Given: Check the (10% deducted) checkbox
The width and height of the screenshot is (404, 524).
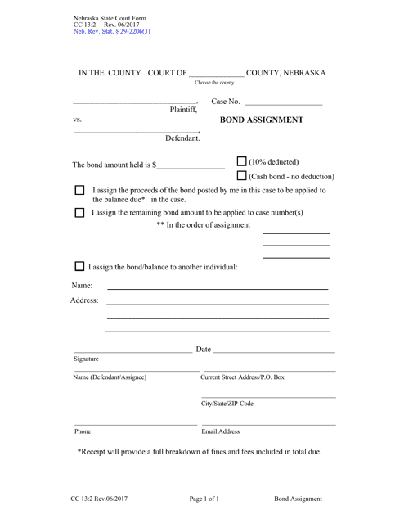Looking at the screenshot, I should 242,161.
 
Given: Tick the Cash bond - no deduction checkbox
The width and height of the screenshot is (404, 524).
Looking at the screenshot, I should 242,176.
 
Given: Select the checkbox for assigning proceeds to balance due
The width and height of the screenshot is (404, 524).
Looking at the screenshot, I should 79,191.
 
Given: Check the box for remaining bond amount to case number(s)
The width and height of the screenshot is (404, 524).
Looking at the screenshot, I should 79,212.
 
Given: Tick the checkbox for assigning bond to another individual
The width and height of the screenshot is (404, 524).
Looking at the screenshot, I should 79,266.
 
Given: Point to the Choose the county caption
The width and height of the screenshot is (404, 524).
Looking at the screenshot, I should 214,83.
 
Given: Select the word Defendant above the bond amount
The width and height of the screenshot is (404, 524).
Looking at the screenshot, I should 182,138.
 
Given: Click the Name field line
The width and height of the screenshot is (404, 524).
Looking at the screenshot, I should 218,288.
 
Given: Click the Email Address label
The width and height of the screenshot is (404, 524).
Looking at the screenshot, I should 221,431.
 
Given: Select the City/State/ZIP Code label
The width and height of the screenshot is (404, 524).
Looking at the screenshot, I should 227,404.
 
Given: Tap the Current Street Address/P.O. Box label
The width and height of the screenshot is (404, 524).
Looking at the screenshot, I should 243,377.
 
